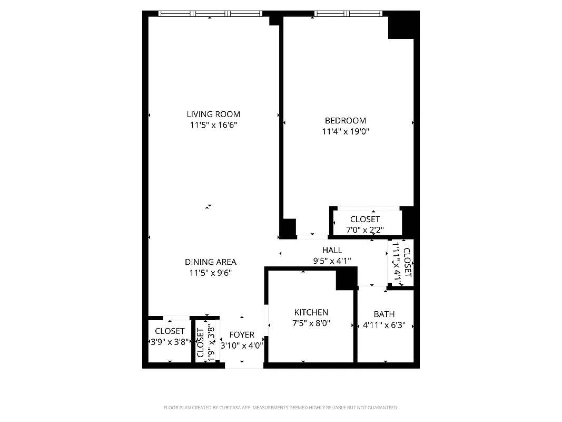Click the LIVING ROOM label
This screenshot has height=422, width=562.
tap(213, 114)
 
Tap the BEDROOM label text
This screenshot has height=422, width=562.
tap(345, 121)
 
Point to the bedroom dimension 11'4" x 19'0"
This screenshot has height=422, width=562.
tap(345, 132)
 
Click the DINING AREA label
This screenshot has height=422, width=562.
tap(210, 262)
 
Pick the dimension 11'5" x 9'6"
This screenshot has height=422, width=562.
tap(210, 273)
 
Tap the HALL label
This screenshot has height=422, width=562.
tap(332, 250)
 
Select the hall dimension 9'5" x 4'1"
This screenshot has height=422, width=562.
tap(332, 261)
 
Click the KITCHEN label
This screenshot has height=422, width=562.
tap(311, 312)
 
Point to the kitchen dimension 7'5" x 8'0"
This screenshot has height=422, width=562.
tap(311, 323)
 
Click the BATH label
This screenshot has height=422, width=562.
tap(384, 314)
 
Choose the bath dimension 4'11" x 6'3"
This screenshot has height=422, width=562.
tap(384, 325)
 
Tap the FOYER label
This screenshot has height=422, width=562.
tap(242, 334)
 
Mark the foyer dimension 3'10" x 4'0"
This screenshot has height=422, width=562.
tap(242, 346)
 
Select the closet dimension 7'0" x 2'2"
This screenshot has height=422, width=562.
tap(364, 230)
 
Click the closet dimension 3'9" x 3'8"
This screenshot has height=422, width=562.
tap(170, 342)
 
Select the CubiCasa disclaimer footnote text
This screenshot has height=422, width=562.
tap(281, 408)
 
